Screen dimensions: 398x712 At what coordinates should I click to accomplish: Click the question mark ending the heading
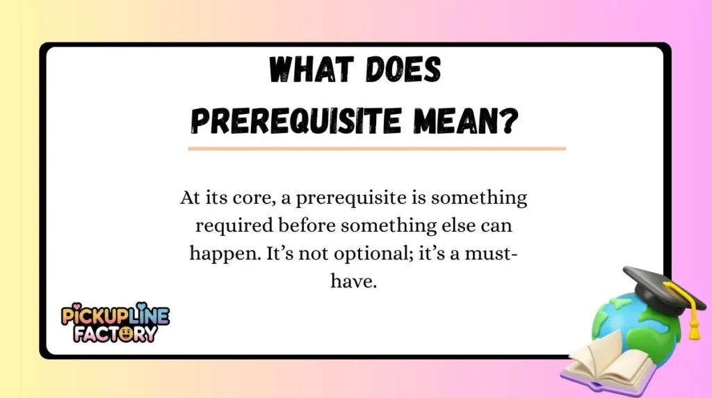pyautogui.click(x=510, y=122)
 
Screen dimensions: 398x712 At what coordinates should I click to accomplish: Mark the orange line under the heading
pyautogui.click(x=376, y=148)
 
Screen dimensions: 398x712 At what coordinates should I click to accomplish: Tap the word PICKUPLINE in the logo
pyautogui.click(x=115, y=315)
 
